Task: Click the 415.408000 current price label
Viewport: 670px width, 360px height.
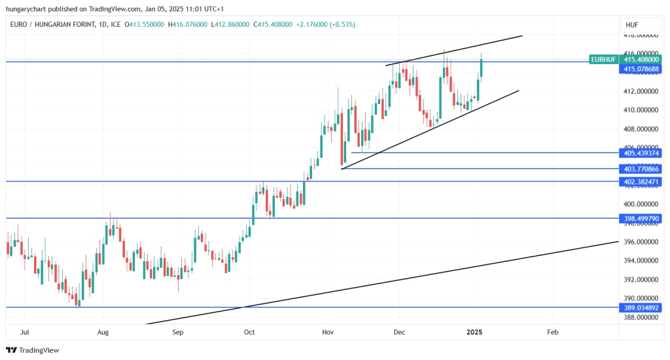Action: (641, 60)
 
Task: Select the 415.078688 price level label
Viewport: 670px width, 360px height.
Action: (641, 69)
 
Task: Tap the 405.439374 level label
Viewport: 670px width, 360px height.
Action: (641, 153)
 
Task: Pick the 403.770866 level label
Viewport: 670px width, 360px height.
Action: (641, 169)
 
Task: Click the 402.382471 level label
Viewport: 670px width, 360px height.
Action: (641, 181)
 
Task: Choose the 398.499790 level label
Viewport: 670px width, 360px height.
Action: (641, 219)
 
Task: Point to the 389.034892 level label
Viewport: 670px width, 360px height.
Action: (641, 307)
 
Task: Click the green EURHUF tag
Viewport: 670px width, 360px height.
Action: (603, 60)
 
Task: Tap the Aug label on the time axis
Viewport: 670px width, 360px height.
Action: (103, 332)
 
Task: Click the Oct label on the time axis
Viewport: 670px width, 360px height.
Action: (249, 332)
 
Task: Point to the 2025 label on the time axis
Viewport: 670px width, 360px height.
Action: (474, 332)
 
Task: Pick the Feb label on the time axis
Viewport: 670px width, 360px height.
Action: (553, 332)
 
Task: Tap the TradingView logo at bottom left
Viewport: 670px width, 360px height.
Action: (33, 350)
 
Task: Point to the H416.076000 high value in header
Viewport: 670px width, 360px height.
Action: (188, 25)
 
